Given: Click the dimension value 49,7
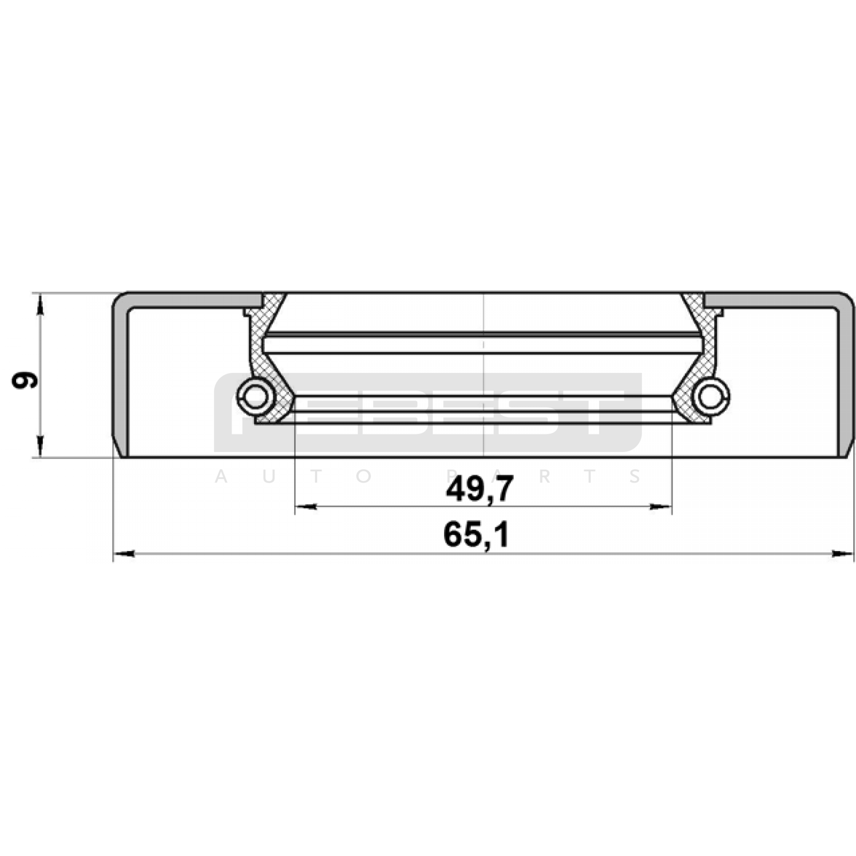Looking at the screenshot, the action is point(480,488).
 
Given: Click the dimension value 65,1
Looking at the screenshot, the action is point(476,535).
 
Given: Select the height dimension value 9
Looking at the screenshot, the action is point(25,380).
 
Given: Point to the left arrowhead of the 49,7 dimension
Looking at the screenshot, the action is point(306,507).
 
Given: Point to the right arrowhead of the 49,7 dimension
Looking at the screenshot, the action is point(661,507).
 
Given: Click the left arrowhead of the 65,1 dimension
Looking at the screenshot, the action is point(124,554).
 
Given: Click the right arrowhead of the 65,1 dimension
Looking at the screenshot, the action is point(843,554).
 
